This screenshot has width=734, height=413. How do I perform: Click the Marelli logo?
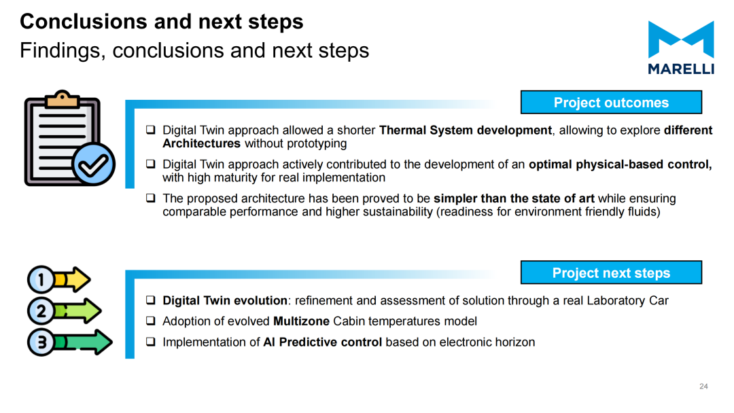pyautogui.click(x=680, y=48)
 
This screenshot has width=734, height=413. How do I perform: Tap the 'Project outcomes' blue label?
pyautogui.click(x=611, y=103)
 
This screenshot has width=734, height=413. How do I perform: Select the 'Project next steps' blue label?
pyautogui.click(x=611, y=272)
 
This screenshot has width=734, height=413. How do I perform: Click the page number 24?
pyautogui.click(x=703, y=387)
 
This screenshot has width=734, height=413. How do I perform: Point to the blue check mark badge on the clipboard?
pyautogui.click(x=94, y=164)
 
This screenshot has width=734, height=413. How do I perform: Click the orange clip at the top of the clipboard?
pyautogui.click(x=63, y=98)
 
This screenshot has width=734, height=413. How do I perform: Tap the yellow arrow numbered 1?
pyautogui.click(x=58, y=280)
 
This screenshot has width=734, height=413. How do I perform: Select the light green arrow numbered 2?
pyautogui.click(x=64, y=311)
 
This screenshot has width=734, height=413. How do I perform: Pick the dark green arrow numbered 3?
pyautogui.click(x=70, y=342)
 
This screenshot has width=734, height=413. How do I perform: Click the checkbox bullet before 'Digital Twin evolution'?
pyautogui.click(x=150, y=300)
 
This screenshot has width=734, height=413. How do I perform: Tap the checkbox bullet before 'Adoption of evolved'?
pyautogui.click(x=150, y=321)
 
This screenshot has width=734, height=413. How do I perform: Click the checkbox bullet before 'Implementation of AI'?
pyautogui.click(x=150, y=342)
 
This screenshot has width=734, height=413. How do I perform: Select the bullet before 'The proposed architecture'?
pyautogui.click(x=150, y=198)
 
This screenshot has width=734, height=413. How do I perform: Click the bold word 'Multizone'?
pyautogui.click(x=302, y=321)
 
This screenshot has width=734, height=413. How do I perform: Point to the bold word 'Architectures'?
pyautogui.click(x=201, y=143)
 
